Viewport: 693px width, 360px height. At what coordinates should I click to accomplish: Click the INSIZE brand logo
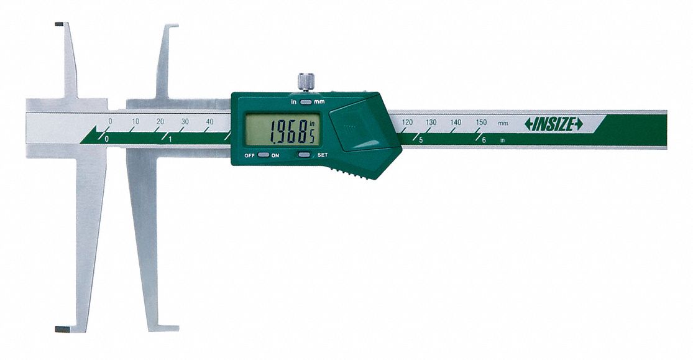point(554,125)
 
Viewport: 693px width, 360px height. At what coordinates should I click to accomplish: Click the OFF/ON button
point(264,155)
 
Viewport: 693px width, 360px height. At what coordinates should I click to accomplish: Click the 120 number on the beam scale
point(407,122)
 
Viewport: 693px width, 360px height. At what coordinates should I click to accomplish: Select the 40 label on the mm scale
point(209,122)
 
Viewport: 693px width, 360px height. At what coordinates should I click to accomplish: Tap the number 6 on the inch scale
point(484,140)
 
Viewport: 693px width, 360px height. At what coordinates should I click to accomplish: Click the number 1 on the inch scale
point(170,139)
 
